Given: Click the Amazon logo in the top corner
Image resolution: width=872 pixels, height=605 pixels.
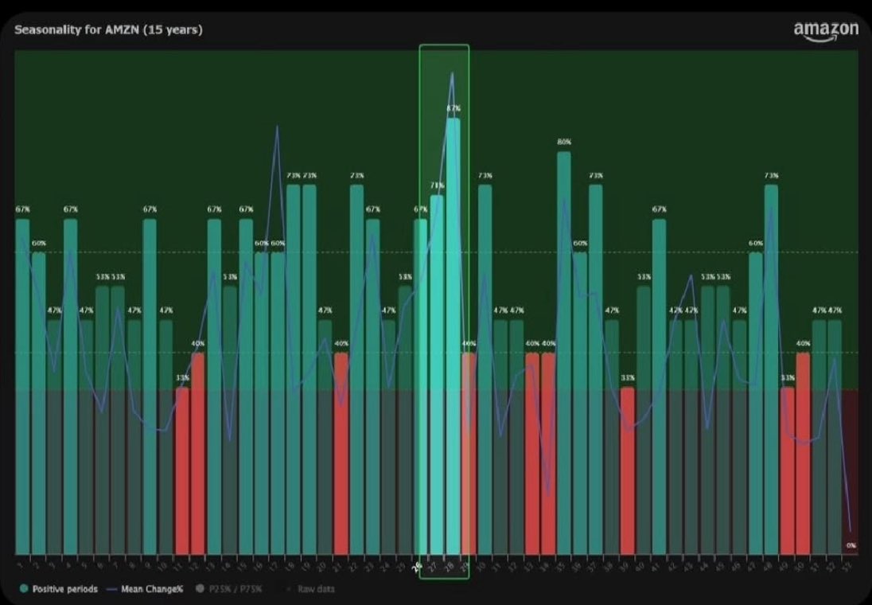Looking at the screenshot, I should tap(826, 30).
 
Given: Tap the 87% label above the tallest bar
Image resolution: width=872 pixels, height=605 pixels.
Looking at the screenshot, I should tap(454, 107).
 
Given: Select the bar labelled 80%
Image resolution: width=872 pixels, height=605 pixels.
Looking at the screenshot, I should tap(564, 350).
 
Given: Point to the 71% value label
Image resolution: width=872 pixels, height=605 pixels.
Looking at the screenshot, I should tap(437, 185).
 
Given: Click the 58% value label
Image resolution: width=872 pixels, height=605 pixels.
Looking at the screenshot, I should tap(405, 276).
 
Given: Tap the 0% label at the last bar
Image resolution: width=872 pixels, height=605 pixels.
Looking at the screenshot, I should tap(851, 545).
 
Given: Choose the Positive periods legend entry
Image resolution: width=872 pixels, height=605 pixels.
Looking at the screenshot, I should tap(60, 589).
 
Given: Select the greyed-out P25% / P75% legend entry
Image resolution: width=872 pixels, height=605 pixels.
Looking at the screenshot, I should tap(240, 589).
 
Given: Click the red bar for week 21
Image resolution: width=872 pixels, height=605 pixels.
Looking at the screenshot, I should tap(341, 454).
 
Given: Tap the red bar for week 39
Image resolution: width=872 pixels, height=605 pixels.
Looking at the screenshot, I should tap(628, 470).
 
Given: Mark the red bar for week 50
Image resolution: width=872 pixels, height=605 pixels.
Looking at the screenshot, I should tap(803, 454).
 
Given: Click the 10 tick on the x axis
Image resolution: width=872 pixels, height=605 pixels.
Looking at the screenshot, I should tap(166, 564).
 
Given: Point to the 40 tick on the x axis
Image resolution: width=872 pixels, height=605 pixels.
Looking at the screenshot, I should tap(644, 564).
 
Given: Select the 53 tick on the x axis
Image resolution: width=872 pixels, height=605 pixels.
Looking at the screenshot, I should tap(851, 564).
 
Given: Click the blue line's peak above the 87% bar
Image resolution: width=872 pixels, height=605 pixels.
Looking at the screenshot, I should tap(453, 73).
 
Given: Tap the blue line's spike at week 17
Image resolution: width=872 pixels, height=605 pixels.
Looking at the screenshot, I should tap(277, 127).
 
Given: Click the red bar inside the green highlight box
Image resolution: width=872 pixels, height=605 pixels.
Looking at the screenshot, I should tap(469, 454).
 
